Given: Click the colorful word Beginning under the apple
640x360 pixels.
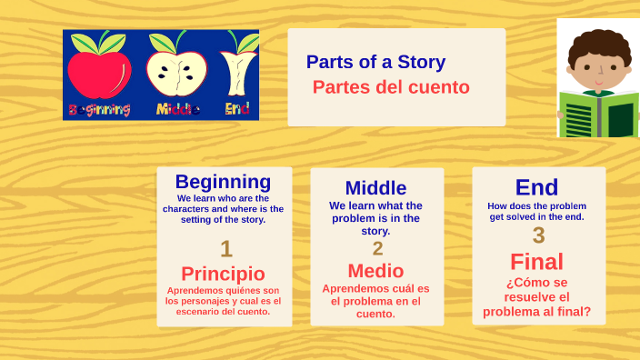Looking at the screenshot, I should coord(99,110).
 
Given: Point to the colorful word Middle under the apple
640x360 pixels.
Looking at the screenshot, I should coord(178,110).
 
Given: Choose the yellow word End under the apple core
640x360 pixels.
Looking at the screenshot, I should coord(237,110).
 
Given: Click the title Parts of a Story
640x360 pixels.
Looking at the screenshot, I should coord(375,62).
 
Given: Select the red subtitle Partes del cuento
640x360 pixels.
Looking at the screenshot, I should coord(391,87).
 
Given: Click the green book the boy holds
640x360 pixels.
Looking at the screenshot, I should coord(598,115).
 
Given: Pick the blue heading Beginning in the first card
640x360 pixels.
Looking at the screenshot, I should coord(223,182).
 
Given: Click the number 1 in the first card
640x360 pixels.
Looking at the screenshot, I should coord(225,248).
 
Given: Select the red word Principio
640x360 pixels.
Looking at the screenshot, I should coord(223,274).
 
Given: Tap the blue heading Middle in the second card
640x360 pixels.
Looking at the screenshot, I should coord(375,188).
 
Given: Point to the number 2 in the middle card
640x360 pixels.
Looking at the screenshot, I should coord(377,248).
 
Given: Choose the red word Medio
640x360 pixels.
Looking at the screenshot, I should coord(375,270).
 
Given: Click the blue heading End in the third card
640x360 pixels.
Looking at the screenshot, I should coord(536,187).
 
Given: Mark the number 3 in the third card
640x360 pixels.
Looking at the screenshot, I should coord(538,235).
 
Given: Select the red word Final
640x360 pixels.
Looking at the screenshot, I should coord(536,262).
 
